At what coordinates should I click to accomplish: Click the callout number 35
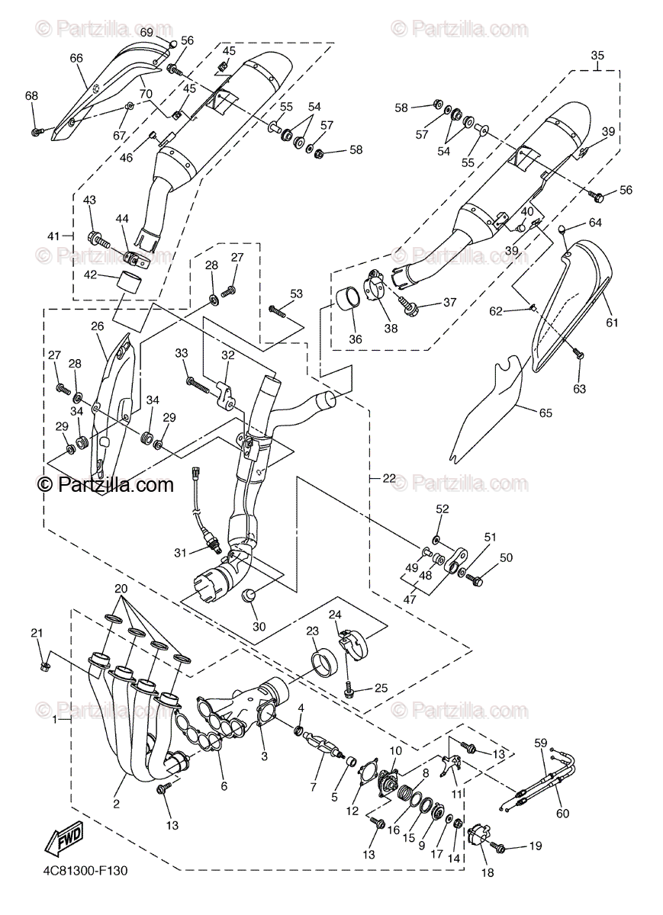tap(597, 55)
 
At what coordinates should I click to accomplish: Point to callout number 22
tap(389, 478)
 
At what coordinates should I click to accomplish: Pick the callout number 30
tap(259, 627)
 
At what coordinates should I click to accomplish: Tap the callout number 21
tap(37, 633)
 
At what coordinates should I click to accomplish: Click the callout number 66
tap(76, 58)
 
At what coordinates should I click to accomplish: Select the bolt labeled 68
tap(36, 132)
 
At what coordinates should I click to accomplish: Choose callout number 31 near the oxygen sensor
tap(180, 552)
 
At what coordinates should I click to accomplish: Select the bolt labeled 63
tap(577, 354)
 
